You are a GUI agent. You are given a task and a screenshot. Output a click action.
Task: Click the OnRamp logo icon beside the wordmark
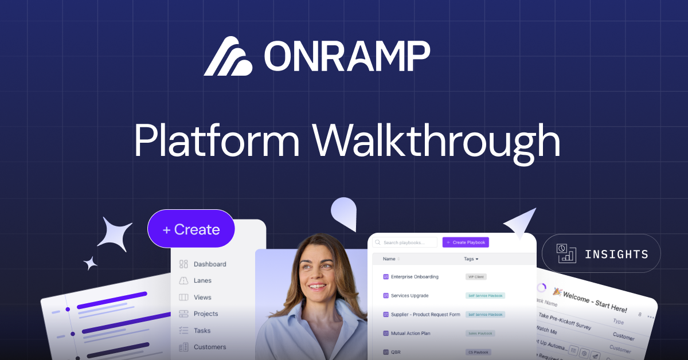(228, 56)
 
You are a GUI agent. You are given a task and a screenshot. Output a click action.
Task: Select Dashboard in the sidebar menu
(209, 264)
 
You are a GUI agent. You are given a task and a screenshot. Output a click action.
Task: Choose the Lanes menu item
(202, 281)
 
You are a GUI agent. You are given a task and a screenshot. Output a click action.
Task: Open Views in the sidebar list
(202, 298)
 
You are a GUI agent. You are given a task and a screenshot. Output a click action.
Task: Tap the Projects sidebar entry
(206, 314)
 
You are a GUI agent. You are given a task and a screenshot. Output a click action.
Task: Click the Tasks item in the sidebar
(202, 331)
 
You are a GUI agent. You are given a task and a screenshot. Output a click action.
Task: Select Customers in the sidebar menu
(209, 347)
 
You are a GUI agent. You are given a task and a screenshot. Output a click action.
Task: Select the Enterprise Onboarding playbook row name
(415, 277)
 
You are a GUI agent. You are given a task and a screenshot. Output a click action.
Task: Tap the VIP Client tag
(476, 277)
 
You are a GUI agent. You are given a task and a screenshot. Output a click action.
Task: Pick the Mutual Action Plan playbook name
(411, 333)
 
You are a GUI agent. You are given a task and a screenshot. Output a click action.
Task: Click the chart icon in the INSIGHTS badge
(566, 253)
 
